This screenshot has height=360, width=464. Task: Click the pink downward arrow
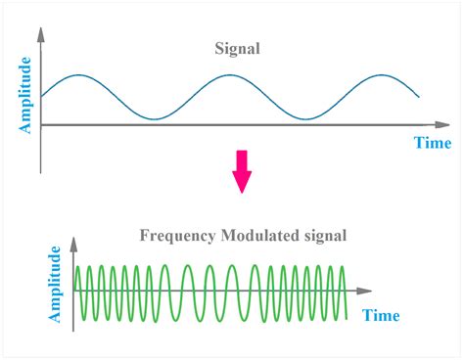point(241,177)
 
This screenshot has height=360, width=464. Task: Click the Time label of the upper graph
point(431,143)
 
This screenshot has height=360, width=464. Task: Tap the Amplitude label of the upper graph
point(26,94)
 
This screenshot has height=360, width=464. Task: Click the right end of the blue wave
point(420,97)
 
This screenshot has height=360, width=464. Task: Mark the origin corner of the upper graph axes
point(41,125)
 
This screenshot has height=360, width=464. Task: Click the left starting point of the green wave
point(76,292)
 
